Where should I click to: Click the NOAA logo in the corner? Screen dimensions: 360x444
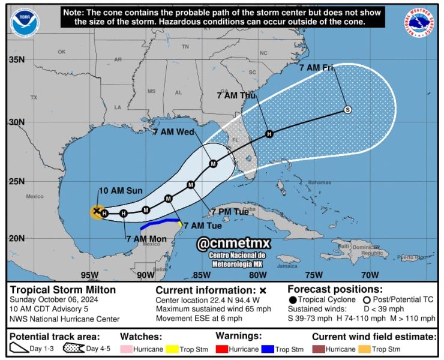point(24,23)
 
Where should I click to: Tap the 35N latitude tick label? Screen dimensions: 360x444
point(17,60)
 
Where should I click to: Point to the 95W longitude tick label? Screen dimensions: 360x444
point(89,275)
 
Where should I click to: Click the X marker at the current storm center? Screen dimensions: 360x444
point(96,211)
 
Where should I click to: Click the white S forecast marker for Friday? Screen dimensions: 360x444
point(347,109)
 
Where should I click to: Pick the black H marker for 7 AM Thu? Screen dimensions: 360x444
point(269,134)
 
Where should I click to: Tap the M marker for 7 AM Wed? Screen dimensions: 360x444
point(213,164)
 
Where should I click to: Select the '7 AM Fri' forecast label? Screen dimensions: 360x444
point(316,69)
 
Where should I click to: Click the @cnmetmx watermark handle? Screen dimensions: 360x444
point(235,243)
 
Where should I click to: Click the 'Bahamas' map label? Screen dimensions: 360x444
point(319,182)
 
